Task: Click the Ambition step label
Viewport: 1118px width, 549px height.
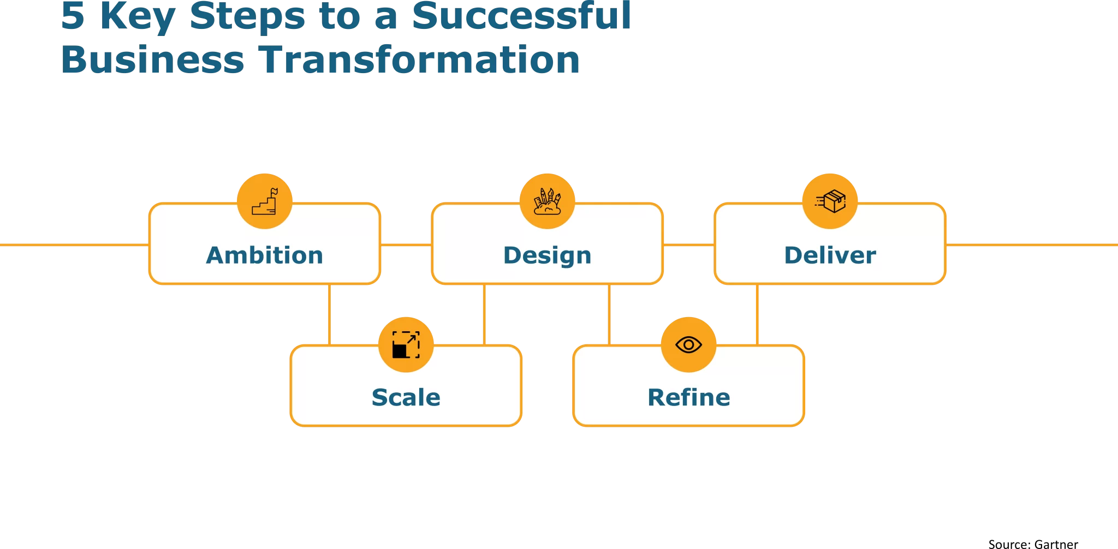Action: tap(265, 255)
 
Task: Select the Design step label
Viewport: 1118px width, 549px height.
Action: tap(548, 256)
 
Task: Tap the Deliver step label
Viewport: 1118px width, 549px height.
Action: tap(830, 255)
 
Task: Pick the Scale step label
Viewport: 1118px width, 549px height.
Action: tap(406, 397)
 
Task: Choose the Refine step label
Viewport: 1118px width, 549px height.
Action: tap(689, 397)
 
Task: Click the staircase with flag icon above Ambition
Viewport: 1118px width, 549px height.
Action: tap(265, 201)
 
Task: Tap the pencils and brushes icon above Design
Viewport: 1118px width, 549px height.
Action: tap(548, 201)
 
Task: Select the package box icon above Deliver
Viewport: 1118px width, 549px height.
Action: tap(830, 201)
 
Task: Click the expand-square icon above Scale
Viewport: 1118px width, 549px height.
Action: tap(406, 345)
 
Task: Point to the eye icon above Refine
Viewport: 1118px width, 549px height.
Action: tap(689, 345)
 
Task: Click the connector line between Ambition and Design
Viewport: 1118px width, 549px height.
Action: tap(406, 245)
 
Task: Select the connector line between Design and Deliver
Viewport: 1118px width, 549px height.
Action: tap(689, 245)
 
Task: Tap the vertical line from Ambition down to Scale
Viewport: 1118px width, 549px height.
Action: tap(329, 315)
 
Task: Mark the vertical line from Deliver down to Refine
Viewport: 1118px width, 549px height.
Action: tap(757, 315)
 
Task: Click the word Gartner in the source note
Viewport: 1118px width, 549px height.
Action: tap(1056, 544)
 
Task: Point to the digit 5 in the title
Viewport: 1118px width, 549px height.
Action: tap(73, 16)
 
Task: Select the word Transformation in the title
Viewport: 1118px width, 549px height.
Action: tap(419, 59)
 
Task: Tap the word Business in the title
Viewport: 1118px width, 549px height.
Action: tap(153, 59)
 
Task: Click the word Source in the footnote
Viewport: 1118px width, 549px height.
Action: tap(1009, 544)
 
